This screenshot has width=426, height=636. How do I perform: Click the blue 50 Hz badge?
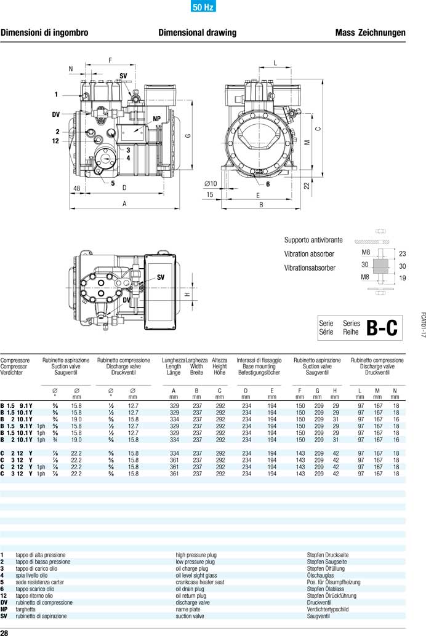pos(199,8)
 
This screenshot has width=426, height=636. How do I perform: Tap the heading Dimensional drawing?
pos(197,33)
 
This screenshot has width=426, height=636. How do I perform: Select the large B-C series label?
pos(382,328)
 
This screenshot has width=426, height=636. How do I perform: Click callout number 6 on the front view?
pos(268,184)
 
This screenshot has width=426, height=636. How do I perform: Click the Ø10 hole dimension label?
pos(211,183)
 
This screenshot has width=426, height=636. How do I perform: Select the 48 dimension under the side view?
pos(77,188)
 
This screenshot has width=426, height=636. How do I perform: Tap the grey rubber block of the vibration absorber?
pos(382,266)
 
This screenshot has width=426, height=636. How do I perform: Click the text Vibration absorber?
pos(309,254)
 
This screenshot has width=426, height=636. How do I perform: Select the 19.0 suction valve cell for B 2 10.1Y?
pos(76,419)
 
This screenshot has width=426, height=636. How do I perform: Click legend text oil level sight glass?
pos(196,575)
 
